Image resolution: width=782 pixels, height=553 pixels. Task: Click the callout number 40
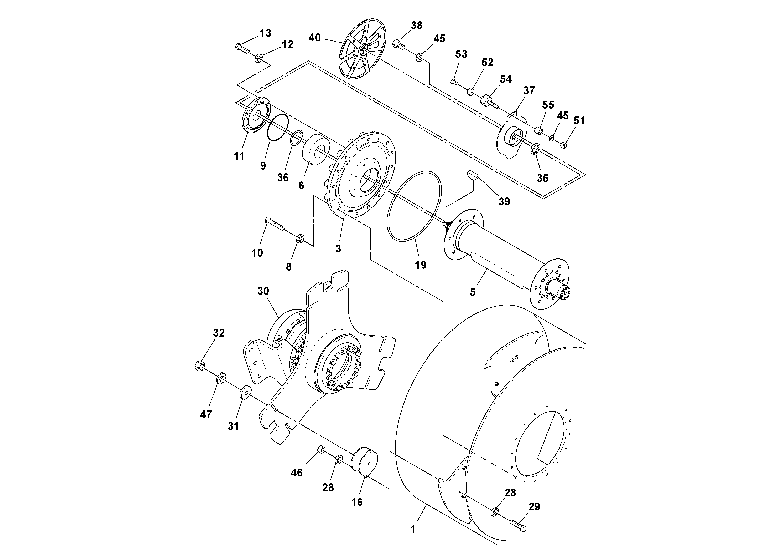point(315,38)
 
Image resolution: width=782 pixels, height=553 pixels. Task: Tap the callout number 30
point(263,291)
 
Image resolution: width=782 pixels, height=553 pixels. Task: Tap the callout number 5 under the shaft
point(473,292)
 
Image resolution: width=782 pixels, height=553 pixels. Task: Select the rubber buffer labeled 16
point(365,460)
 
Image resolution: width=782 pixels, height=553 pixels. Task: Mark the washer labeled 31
point(245,392)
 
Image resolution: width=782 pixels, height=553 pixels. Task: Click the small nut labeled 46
point(321,449)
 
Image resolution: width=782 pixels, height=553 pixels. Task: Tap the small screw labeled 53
point(454,82)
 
